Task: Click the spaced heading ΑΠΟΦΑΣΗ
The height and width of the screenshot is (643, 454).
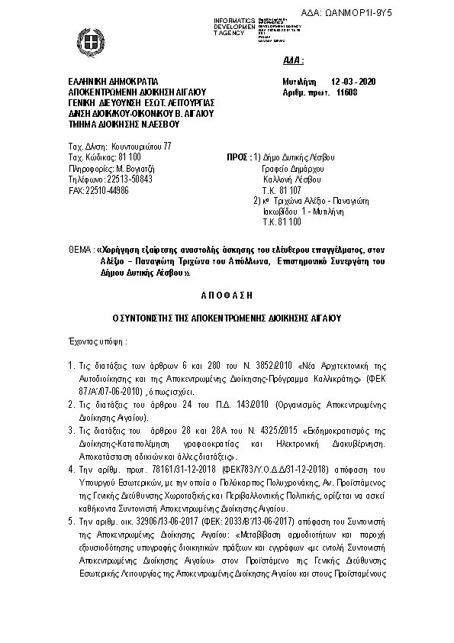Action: [x=227, y=292]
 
